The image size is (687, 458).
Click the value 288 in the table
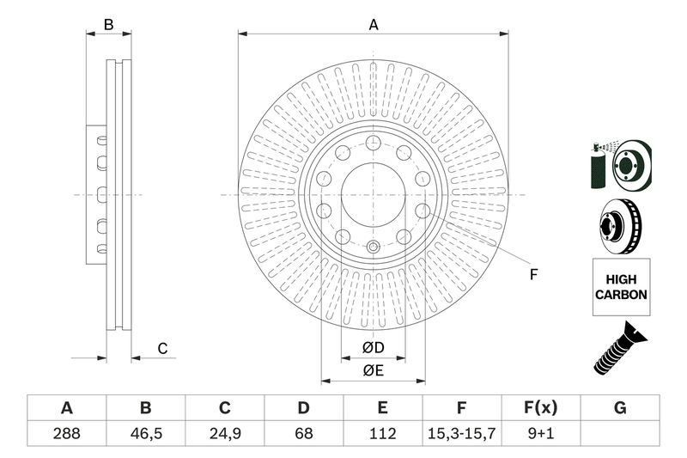[x=65, y=433]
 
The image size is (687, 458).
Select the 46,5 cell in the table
[x=145, y=433]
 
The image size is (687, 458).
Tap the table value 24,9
[x=224, y=433]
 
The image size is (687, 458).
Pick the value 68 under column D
[x=303, y=433]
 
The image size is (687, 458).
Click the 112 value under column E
[x=382, y=433]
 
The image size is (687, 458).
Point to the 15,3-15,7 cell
[x=462, y=433]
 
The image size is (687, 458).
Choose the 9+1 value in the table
[x=541, y=433]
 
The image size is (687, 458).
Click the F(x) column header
[x=541, y=408]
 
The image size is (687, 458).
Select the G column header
[x=620, y=408]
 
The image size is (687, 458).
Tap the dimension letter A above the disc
[x=374, y=25]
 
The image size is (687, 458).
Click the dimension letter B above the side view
[x=108, y=25]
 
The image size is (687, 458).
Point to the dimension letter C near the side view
[x=161, y=348]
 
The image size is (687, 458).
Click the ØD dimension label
[x=372, y=347]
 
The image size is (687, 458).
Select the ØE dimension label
[x=372, y=370]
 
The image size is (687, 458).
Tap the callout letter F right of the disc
[x=533, y=275]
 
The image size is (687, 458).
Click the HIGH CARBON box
[x=621, y=287]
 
